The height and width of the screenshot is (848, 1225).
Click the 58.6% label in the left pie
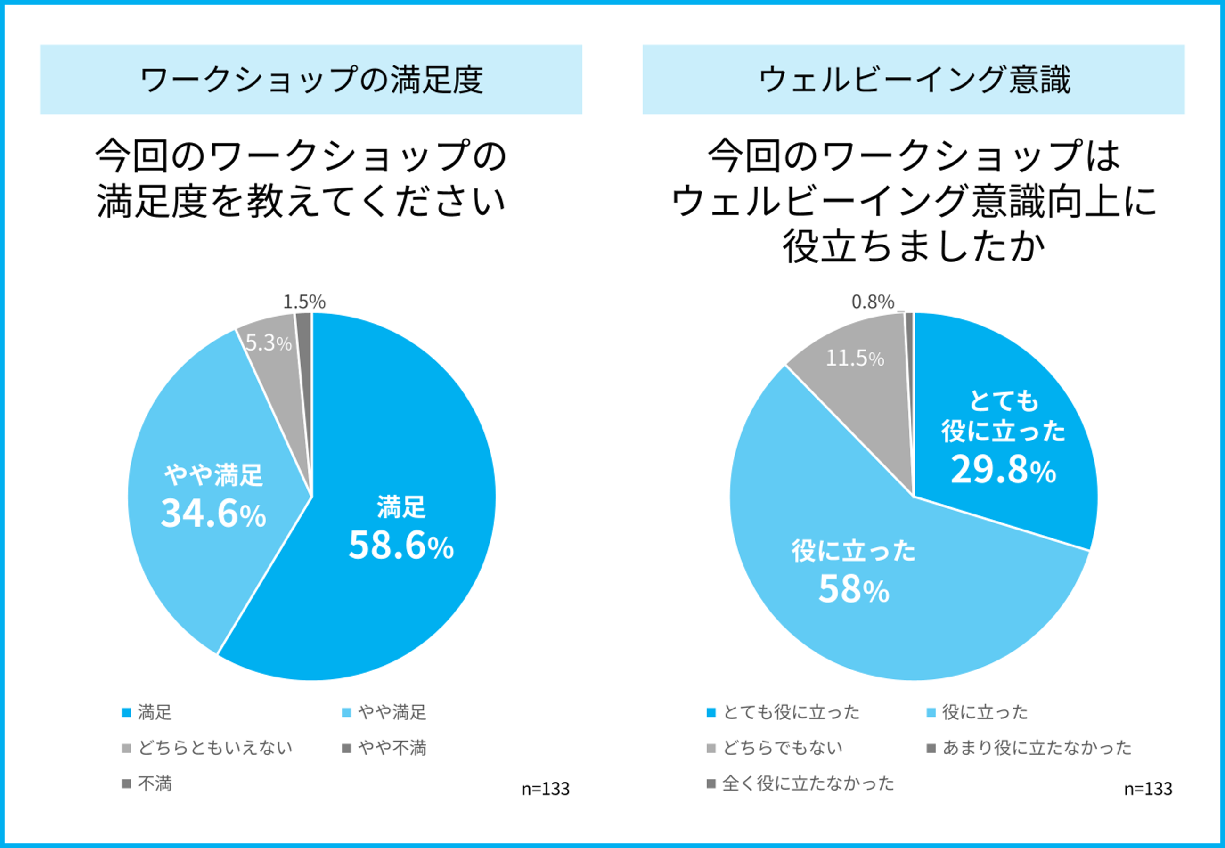[401, 545]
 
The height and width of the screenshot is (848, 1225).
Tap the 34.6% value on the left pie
[213, 513]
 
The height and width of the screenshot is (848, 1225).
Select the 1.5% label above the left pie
[304, 302]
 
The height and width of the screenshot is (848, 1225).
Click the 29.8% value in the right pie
[1003, 470]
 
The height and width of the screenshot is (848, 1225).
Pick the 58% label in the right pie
[854, 589]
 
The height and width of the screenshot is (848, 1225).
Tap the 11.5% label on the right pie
[855, 359]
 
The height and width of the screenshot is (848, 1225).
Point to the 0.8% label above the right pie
[873, 302]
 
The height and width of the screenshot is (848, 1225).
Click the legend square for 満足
[126, 712]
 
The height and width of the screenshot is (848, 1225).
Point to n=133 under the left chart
[545, 789]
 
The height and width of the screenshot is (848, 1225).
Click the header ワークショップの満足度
[311, 80]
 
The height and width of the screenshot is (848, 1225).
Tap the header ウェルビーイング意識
[914, 80]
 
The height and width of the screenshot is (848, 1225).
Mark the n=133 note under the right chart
[1148, 789]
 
